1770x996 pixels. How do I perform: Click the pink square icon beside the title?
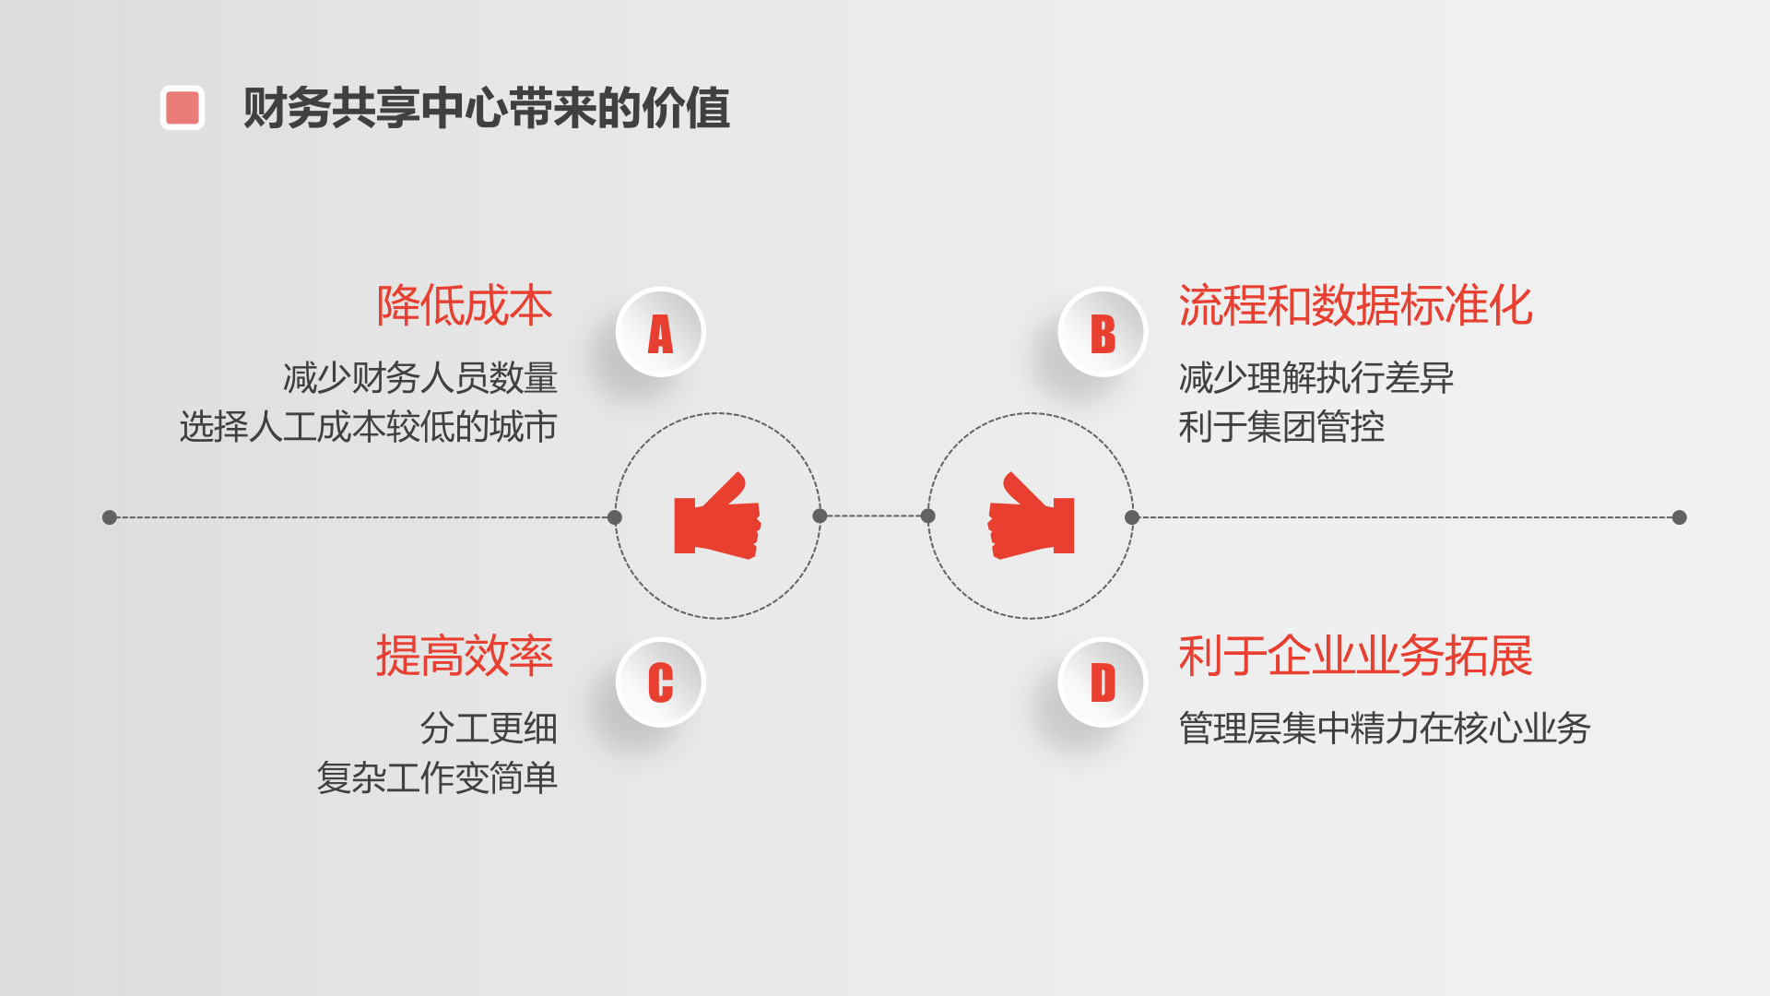(x=183, y=108)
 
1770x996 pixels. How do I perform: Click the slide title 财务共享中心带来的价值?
(x=486, y=108)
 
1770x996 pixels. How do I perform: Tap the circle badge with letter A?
(x=660, y=333)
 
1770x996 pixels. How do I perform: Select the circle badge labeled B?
(x=1103, y=333)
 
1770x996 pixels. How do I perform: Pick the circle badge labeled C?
(x=660, y=683)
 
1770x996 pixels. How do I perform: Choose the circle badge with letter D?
(x=1103, y=683)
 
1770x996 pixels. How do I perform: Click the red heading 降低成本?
(x=465, y=306)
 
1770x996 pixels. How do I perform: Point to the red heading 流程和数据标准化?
(x=1355, y=306)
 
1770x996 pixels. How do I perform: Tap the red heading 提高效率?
(x=465, y=657)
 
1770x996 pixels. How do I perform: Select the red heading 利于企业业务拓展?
(x=1355, y=657)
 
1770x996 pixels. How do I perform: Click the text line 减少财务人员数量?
(x=420, y=378)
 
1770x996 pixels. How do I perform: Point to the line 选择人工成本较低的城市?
(x=369, y=427)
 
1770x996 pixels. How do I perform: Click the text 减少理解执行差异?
(x=1316, y=378)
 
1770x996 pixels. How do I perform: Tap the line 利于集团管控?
(x=1281, y=427)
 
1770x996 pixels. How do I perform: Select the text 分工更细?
(x=489, y=729)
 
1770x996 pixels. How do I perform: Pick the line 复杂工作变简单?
(x=437, y=777)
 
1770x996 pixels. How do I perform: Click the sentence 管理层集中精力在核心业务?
(x=1385, y=729)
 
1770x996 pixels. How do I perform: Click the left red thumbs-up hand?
(x=717, y=517)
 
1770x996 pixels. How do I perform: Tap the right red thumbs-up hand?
(x=1031, y=517)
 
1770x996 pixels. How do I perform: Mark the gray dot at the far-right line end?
(x=1680, y=517)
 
